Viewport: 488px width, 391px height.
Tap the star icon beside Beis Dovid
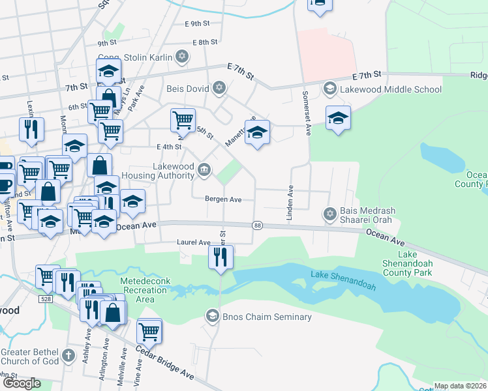tap(220, 87)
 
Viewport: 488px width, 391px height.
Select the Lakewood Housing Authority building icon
tap(204, 171)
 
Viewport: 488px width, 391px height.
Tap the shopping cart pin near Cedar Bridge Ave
tap(149, 330)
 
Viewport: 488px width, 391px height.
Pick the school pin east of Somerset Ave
tap(338, 118)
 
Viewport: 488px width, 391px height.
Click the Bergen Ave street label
tap(223, 199)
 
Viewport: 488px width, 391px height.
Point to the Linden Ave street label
tap(291, 201)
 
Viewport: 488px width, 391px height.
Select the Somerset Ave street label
tap(305, 112)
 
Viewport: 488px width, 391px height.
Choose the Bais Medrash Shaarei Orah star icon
tap(329, 213)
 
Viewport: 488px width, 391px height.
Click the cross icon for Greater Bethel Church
tap(69, 356)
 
